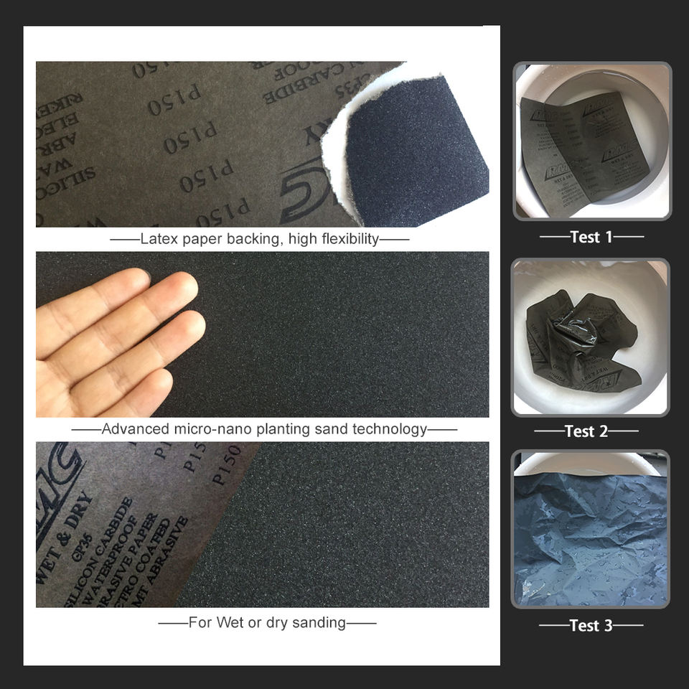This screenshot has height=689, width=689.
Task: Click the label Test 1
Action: (x=591, y=237)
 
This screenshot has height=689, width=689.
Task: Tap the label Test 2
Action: (x=586, y=431)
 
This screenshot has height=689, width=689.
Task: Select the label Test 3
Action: (x=591, y=626)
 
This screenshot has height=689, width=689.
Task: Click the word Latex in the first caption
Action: (x=158, y=239)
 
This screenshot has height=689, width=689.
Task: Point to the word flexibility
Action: (x=343, y=239)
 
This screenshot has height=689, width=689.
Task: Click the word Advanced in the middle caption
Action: (x=134, y=430)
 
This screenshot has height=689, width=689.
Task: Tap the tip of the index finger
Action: (x=184, y=288)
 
